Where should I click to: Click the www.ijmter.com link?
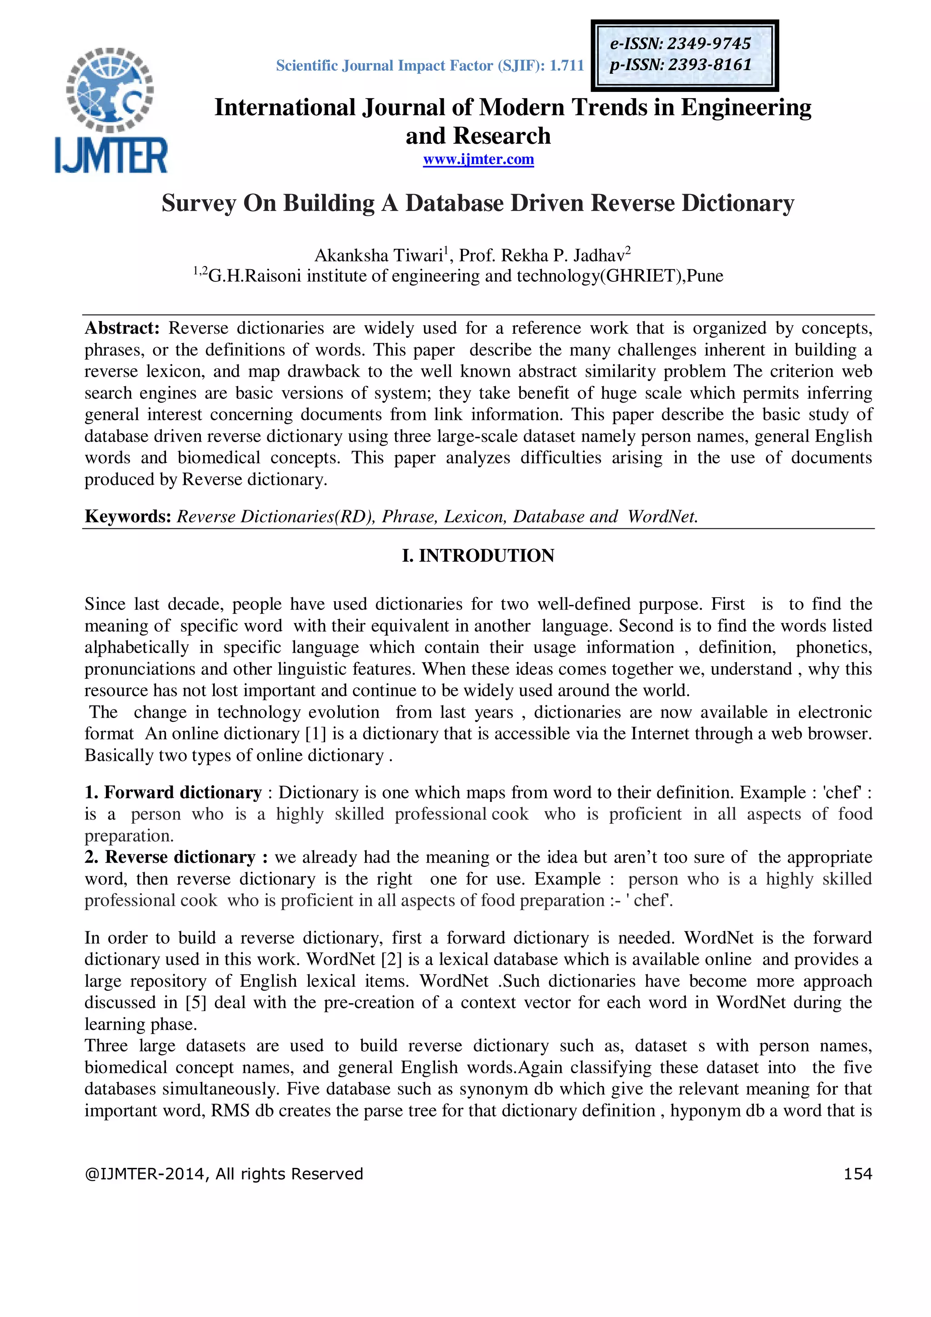coord(478,160)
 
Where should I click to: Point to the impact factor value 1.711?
coord(566,66)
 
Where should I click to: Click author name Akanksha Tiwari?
coord(378,255)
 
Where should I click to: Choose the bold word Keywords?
coord(128,517)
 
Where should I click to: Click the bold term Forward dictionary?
coord(182,793)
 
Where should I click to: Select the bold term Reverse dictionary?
coord(180,858)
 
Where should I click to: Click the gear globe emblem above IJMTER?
coord(110,89)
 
